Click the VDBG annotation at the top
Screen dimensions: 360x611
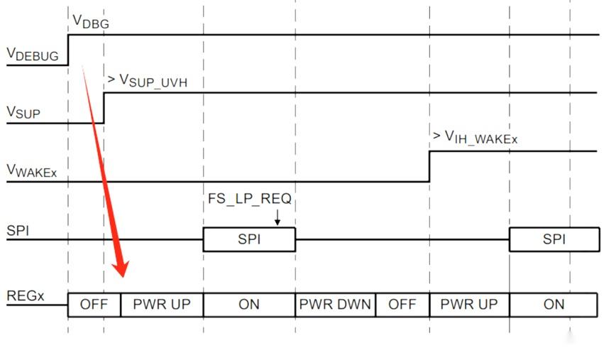click(91, 23)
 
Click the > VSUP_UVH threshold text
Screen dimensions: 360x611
click(146, 81)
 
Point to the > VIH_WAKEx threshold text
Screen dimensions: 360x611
click(475, 138)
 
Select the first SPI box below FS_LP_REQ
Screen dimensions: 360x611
click(249, 240)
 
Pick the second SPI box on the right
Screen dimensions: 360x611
click(554, 240)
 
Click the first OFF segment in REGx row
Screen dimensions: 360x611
click(94, 305)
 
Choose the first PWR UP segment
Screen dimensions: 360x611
click(162, 305)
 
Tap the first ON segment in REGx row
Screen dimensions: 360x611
click(249, 305)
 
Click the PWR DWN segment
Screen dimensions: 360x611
click(335, 305)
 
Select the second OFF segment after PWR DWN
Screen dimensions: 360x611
click(402, 305)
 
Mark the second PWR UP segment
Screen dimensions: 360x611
click(469, 305)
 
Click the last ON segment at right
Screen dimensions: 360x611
click(554, 305)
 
